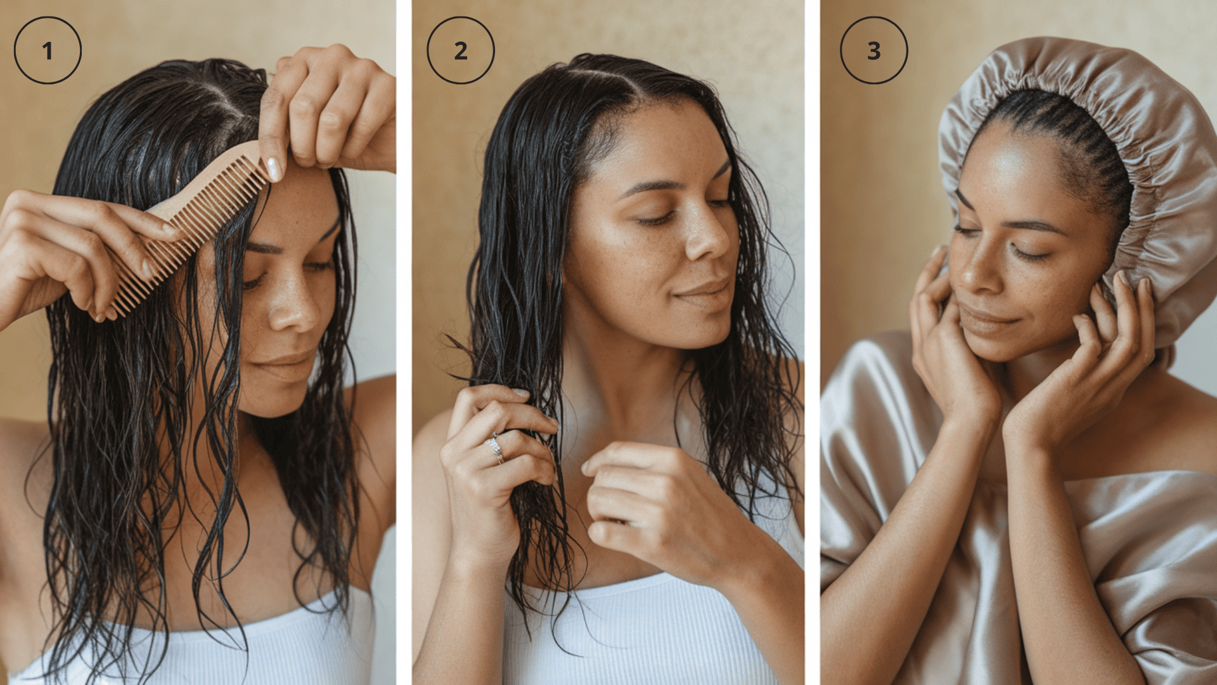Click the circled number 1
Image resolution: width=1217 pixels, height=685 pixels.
click(x=48, y=50)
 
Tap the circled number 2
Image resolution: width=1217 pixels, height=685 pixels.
click(x=461, y=50)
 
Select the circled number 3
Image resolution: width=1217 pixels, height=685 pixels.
click(x=874, y=50)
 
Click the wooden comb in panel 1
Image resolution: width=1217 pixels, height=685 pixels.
click(x=190, y=222)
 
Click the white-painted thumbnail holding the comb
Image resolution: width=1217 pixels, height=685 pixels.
click(x=274, y=169)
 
